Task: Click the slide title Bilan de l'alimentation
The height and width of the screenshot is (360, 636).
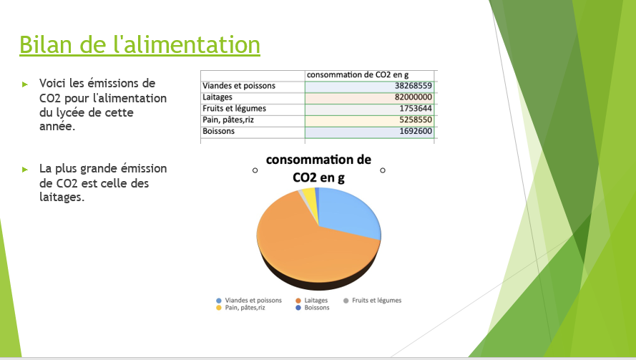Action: (x=140, y=44)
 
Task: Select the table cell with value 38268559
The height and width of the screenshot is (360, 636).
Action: (x=368, y=86)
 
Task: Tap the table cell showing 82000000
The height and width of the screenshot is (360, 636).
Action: (x=368, y=97)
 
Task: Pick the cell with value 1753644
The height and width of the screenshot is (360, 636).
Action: (x=368, y=109)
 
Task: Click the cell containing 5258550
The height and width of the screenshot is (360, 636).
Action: (x=368, y=120)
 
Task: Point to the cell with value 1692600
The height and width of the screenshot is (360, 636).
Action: (x=368, y=132)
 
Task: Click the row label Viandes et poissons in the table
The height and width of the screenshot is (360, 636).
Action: (x=239, y=86)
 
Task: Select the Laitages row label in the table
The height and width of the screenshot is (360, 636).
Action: (x=217, y=97)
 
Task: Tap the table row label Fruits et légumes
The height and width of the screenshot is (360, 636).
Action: (x=235, y=109)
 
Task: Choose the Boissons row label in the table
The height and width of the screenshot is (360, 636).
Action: (x=219, y=132)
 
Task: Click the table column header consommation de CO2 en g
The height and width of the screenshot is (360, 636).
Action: (x=358, y=75)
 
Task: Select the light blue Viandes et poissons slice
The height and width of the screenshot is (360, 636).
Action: (x=349, y=213)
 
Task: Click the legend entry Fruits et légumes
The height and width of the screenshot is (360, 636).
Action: (x=372, y=301)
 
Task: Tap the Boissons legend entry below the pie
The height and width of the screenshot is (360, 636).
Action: (x=313, y=308)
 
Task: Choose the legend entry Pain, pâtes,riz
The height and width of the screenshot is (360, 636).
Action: (x=240, y=308)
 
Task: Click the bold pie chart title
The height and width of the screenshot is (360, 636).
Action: (x=318, y=169)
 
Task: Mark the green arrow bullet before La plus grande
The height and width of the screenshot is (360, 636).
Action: (x=25, y=170)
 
